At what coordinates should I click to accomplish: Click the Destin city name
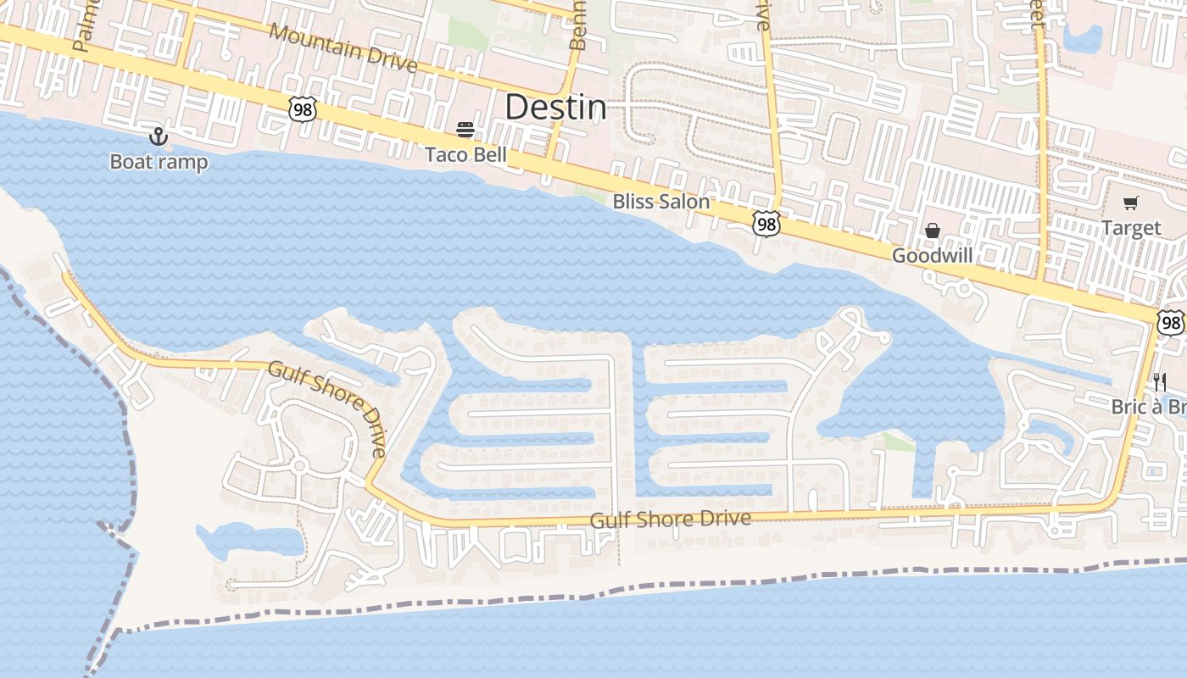tap(555, 108)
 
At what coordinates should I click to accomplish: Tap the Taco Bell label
tap(465, 154)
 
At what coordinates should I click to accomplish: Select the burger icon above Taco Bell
tap(465, 130)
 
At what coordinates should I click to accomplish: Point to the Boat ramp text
tap(159, 161)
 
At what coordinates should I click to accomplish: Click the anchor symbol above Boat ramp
tap(158, 136)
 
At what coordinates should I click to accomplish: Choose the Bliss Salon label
tap(660, 202)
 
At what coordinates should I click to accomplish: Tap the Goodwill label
tap(932, 255)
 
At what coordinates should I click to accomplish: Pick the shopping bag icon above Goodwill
tap(933, 231)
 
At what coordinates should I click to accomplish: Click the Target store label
tap(1131, 228)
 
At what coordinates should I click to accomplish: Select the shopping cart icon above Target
tap(1130, 203)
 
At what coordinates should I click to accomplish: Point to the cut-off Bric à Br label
tap(1148, 407)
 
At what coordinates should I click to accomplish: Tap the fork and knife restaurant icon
tap(1160, 382)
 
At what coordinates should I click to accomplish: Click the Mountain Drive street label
tap(343, 47)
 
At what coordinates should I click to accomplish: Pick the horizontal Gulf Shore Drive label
tap(671, 518)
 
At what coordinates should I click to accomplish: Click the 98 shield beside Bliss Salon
tap(766, 224)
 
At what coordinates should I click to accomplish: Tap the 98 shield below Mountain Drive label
tap(302, 108)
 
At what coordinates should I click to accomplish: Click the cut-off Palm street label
tap(82, 25)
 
